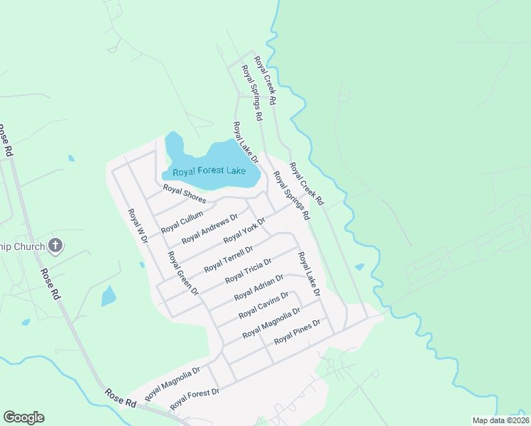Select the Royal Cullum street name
182,222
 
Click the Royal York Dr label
244,231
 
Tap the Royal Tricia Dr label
248,271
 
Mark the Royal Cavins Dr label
263,305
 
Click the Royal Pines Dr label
297,331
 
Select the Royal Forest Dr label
195,399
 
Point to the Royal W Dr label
136,226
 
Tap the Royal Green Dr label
182,272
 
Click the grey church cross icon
55,246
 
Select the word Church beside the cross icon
30,246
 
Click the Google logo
23,417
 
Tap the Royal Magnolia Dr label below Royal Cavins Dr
271,324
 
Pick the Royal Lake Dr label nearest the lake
245,143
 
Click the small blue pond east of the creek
359,268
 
